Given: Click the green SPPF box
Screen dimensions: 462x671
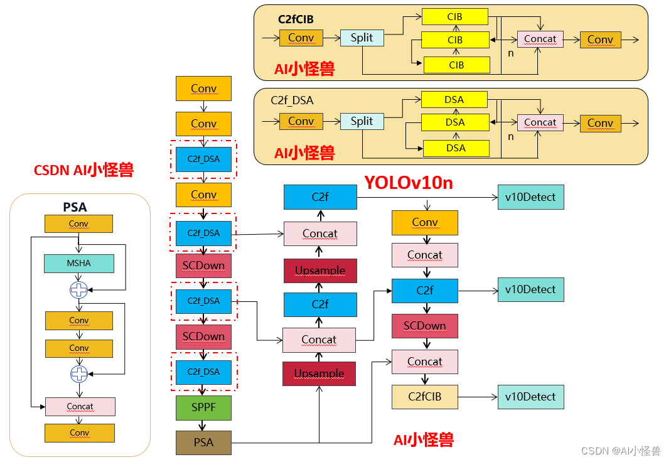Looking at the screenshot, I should click(x=203, y=408).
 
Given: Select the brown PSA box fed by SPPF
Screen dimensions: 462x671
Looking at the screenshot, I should click(x=203, y=443).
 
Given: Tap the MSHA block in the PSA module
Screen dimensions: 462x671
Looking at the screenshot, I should click(x=79, y=264).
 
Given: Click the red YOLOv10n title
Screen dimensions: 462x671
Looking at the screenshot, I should click(x=409, y=183).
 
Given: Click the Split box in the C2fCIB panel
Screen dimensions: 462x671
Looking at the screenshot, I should click(x=362, y=38).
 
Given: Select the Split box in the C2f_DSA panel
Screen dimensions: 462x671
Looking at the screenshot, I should click(x=362, y=121).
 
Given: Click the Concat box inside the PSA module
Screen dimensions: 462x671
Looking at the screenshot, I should click(x=80, y=407).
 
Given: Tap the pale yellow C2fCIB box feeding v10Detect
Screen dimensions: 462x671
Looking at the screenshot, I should click(x=424, y=397).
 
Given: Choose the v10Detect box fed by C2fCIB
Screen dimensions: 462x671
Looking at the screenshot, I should click(x=530, y=397).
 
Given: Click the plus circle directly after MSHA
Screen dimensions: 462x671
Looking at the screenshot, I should click(x=79, y=290).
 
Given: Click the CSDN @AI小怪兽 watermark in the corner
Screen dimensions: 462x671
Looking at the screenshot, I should click(x=620, y=451).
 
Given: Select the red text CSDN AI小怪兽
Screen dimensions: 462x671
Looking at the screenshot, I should click(x=83, y=169).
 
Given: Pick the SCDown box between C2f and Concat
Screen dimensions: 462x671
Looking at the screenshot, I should click(x=424, y=326).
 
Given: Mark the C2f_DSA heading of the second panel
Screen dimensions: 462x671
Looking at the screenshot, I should click(x=292, y=100).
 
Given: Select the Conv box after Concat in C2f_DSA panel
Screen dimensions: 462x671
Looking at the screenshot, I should click(x=600, y=122).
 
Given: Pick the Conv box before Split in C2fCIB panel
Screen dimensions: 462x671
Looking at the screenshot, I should click(x=301, y=38).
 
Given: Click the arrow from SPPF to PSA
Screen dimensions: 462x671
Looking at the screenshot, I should click(x=203, y=426).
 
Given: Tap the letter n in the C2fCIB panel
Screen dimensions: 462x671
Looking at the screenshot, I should click(x=511, y=53).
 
